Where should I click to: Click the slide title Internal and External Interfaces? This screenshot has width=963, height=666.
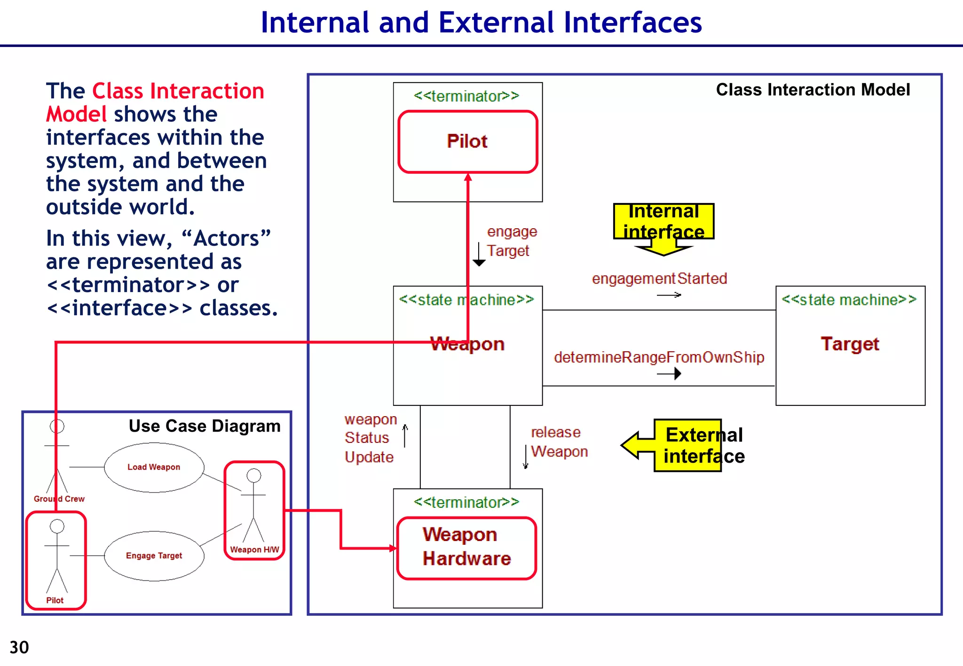tap(481, 23)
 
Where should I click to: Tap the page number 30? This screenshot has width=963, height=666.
tap(19, 647)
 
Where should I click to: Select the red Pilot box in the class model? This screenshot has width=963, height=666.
tap(467, 141)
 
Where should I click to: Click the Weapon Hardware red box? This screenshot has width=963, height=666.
tap(466, 548)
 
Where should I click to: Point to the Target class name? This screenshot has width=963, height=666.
tap(850, 344)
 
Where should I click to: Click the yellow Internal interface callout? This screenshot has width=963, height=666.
tap(663, 222)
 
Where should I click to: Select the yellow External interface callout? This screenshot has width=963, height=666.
tap(696, 445)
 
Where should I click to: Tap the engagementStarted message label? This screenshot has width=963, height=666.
tap(659, 279)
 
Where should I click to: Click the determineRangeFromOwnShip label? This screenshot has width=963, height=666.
tap(659, 357)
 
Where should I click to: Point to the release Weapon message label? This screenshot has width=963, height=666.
tap(559, 441)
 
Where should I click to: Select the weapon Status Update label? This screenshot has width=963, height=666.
tap(370, 438)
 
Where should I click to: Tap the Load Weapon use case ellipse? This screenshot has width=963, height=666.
tap(154, 467)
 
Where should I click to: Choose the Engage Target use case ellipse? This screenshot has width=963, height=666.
tap(154, 556)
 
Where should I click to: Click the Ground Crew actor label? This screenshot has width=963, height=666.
tap(59, 499)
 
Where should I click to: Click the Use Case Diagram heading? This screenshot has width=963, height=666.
tap(205, 426)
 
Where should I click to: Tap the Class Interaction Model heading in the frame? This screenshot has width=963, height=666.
tap(813, 90)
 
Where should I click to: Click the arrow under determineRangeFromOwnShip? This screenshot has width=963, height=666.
tap(670, 374)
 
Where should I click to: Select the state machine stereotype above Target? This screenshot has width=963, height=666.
tap(849, 300)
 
